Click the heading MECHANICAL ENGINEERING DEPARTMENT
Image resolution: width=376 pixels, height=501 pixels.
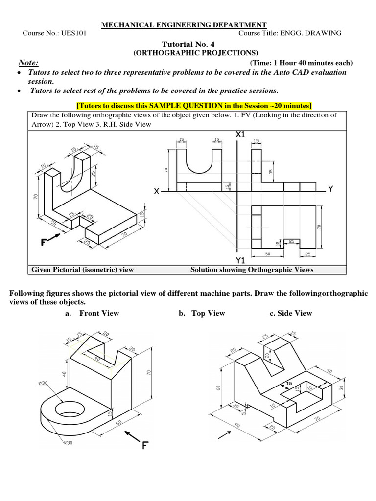[184, 25]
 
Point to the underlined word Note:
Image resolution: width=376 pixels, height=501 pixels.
[28, 63]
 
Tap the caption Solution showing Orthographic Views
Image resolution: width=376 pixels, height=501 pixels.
[252, 270]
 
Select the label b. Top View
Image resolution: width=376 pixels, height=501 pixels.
[202, 313]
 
